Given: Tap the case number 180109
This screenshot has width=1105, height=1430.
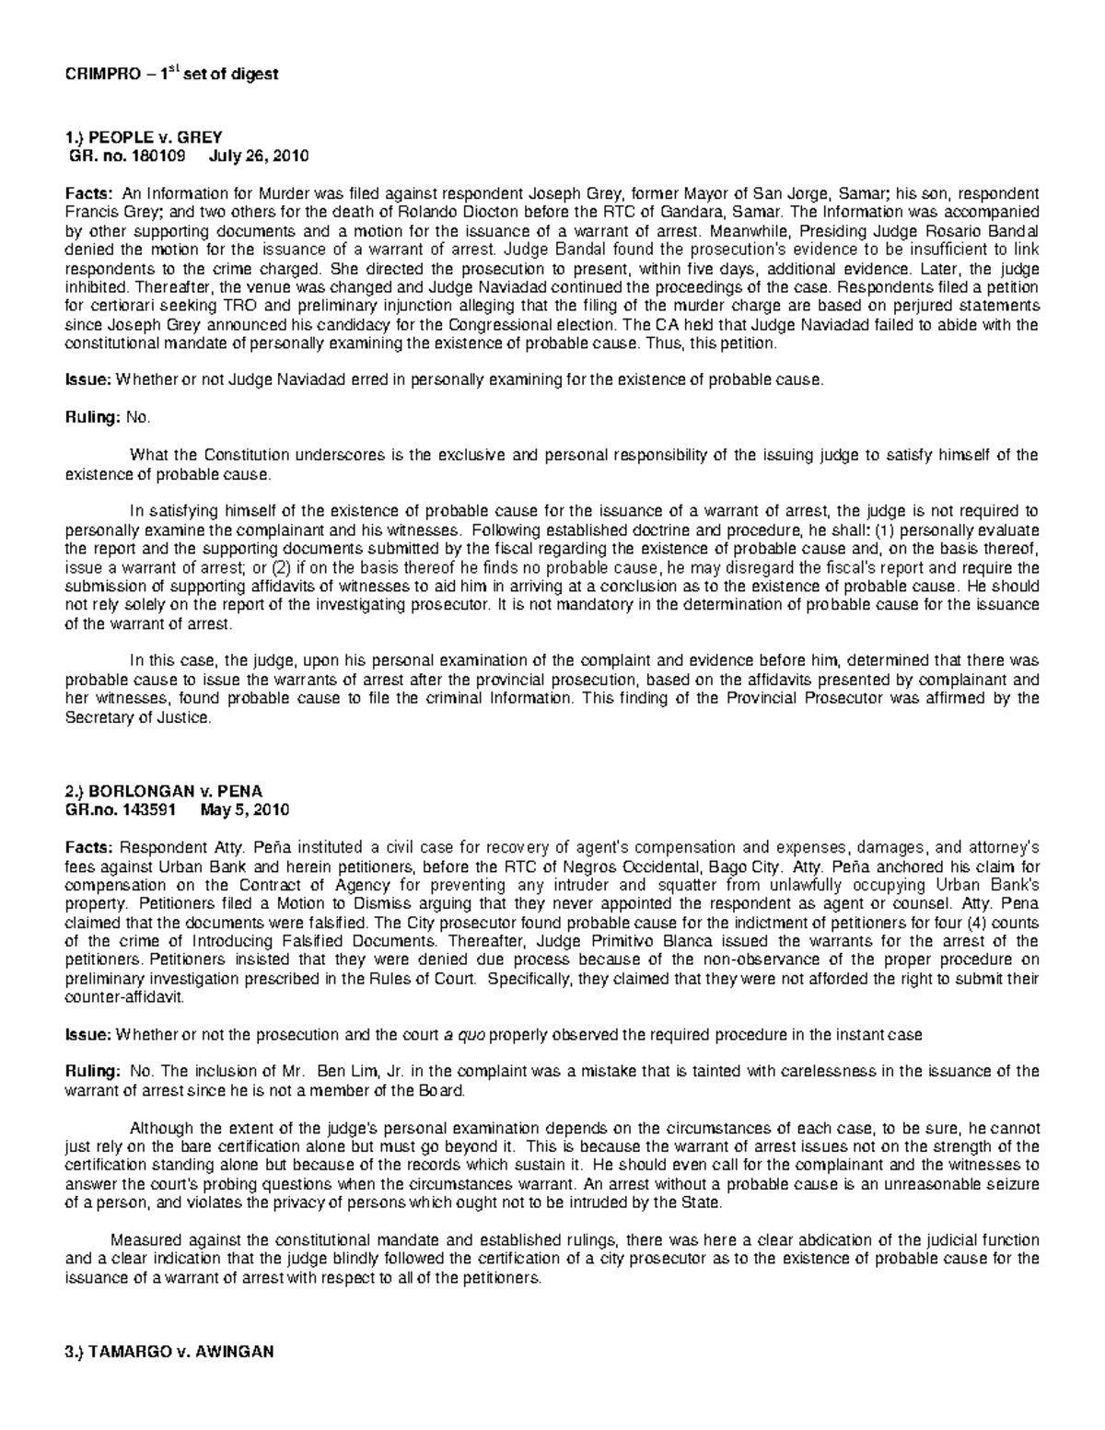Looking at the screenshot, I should (x=151, y=155).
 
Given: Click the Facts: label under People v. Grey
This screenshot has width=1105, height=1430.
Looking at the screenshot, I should (x=89, y=194).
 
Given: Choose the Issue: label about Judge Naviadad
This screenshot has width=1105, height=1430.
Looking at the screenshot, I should (x=87, y=378).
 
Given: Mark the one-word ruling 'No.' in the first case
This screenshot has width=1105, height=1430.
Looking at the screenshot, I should (x=136, y=417).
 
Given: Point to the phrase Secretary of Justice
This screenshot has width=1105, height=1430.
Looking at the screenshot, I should (x=137, y=718).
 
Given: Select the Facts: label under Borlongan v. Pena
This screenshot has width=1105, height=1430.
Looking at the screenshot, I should (x=89, y=848).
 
